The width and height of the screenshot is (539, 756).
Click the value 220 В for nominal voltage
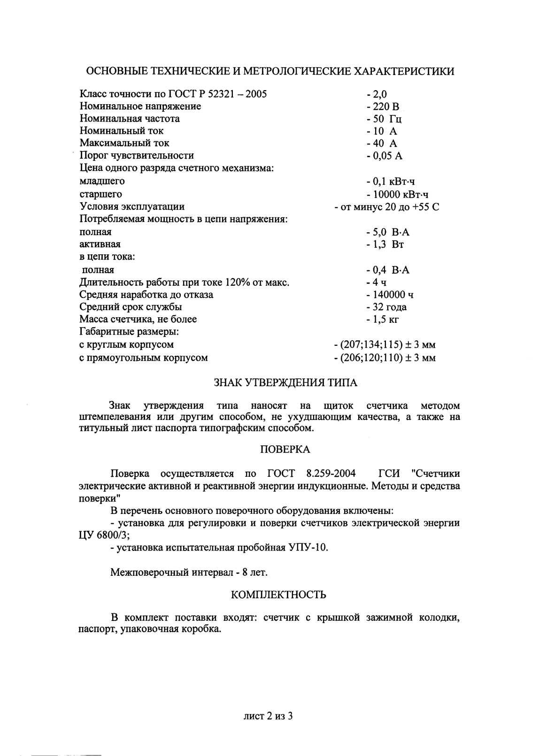[x=386, y=107]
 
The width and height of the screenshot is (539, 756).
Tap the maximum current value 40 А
[x=385, y=143]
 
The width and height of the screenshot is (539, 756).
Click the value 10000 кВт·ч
[x=400, y=194]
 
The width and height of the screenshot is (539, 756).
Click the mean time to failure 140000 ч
[x=393, y=295]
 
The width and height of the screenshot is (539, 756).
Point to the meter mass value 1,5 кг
[x=385, y=319]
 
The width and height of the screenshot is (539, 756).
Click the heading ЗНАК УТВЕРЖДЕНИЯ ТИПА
[x=285, y=382]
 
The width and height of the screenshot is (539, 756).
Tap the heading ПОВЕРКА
[x=285, y=449]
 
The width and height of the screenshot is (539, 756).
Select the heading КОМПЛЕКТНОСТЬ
[x=278, y=595]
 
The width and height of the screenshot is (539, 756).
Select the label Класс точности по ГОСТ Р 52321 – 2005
[x=173, y=94]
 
